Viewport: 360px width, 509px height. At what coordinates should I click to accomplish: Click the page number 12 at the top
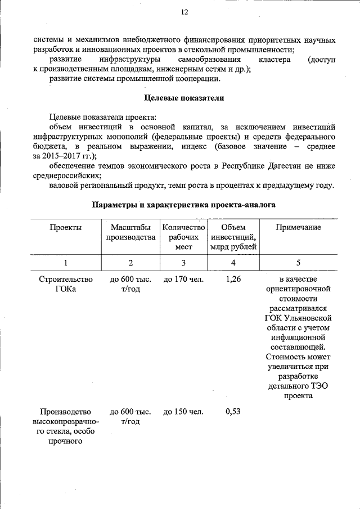pyautogui.click(x=184, y=12)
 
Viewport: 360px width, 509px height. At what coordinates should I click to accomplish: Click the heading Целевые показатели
pyautogui.click(x=184, y=98)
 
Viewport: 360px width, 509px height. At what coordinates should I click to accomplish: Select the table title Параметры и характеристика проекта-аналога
pyautogui.click(x=184, y=205)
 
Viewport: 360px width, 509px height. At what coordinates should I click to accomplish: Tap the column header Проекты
pyautogui.click(x=65, y=227)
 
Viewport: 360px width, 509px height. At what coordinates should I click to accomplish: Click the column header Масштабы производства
pyautogui.click(x=130, y=232)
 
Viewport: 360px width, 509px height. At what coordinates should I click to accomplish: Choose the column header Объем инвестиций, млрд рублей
pyautogui.click(x=233, y=237)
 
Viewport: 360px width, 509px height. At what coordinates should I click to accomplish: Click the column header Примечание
pyautogui.click(x=298, y=227)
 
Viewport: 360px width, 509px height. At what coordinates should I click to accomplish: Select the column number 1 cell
pyautogui.click(x=65, y=263)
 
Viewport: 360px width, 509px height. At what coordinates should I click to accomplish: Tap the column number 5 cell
pyautogui.click(x=298, y=263)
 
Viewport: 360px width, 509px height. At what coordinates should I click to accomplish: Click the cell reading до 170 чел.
pyautogui.click(x=183, y=279)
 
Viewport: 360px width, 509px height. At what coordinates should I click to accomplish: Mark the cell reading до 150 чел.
pyautogui.click(x=183, y=411)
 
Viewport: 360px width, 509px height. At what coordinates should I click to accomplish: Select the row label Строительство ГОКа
pyautogui.click(x=65, y=284)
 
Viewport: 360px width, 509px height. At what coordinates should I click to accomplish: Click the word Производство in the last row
pyautogui.click(x=65, y=411)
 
